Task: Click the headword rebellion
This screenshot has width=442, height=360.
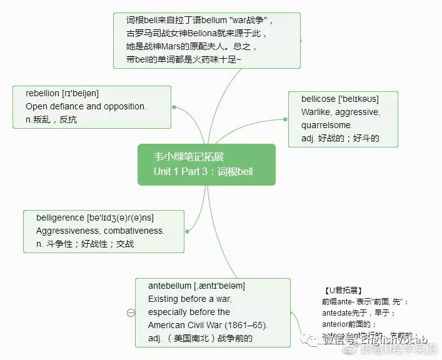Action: point(43,93)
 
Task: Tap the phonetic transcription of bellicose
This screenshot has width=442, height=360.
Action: point(358,99)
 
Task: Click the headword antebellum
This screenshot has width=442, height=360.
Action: point(169,286)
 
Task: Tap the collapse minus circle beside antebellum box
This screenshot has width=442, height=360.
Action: point(131,312)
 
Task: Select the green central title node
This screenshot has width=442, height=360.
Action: point(206,164)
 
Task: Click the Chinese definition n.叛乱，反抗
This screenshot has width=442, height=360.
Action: point(51,119)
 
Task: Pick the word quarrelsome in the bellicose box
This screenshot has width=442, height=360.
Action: point(327,125)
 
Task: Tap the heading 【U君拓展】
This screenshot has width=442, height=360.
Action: point(343,291)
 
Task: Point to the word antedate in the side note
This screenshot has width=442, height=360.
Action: point(338,312)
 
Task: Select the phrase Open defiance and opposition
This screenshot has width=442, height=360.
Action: point(86,106)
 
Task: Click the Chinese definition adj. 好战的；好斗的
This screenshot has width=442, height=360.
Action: point(340,138)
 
